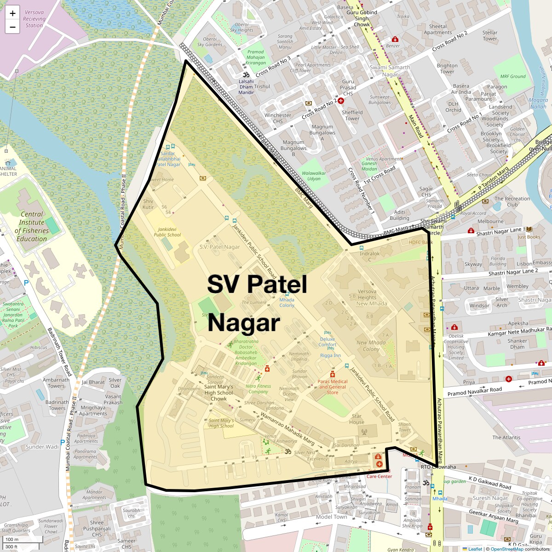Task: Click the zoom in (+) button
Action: click(12, 13)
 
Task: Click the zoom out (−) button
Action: click(12, 27)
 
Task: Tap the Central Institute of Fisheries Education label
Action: click(32, 226)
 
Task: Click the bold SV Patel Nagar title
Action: click(257, 303)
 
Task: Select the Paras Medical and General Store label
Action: click(333, 386)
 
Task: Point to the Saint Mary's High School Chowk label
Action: click(218, 392)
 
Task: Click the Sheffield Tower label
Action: click(352, 115)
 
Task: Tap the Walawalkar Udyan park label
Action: click(314, 176)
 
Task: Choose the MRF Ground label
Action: click(513, 76)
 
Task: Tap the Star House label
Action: click(356, 419)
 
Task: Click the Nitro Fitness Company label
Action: click(258, 389)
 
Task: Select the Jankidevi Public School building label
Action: click(167, 232)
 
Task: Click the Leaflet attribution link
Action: click(475, 549)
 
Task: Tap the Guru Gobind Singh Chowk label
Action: click(362, 18)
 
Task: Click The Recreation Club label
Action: click(512, 201)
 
